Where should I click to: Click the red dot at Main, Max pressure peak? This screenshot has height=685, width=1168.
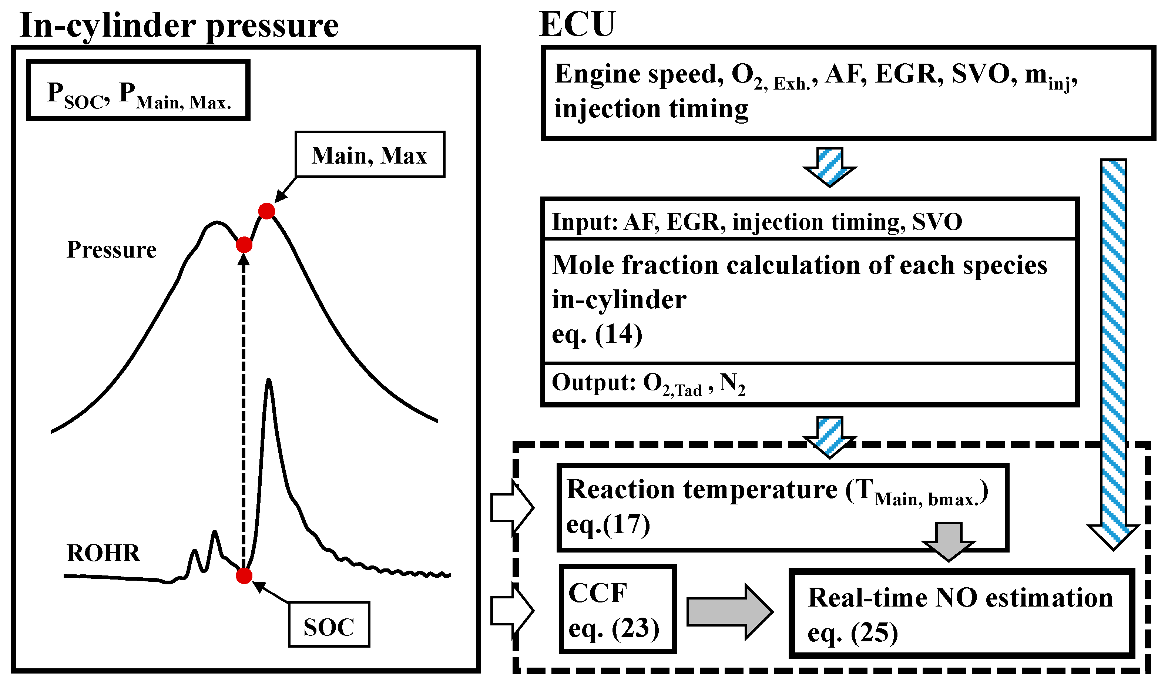tap(266, 211)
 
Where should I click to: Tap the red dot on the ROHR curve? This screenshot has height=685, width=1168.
tap(244, 575)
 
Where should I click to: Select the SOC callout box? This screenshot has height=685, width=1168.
tap(329, 624)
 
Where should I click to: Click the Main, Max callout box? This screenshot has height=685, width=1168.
tap(369, 154)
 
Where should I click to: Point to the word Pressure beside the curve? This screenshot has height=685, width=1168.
tap(111, 250)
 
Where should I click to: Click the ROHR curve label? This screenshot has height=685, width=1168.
tap(103, 553)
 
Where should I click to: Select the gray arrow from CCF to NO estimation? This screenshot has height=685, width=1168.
tap(729, 612)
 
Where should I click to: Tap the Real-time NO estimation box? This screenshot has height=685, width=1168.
tap(961, 613)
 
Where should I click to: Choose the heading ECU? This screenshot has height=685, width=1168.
tap(577, 24)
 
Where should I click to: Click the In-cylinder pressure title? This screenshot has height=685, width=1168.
tap(179, 26)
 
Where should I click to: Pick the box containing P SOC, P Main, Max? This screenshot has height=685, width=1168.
tap(138, 90)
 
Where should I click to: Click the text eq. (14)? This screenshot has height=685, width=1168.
tap(597, 335)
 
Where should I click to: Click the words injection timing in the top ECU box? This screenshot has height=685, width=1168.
tap(651, 110)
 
